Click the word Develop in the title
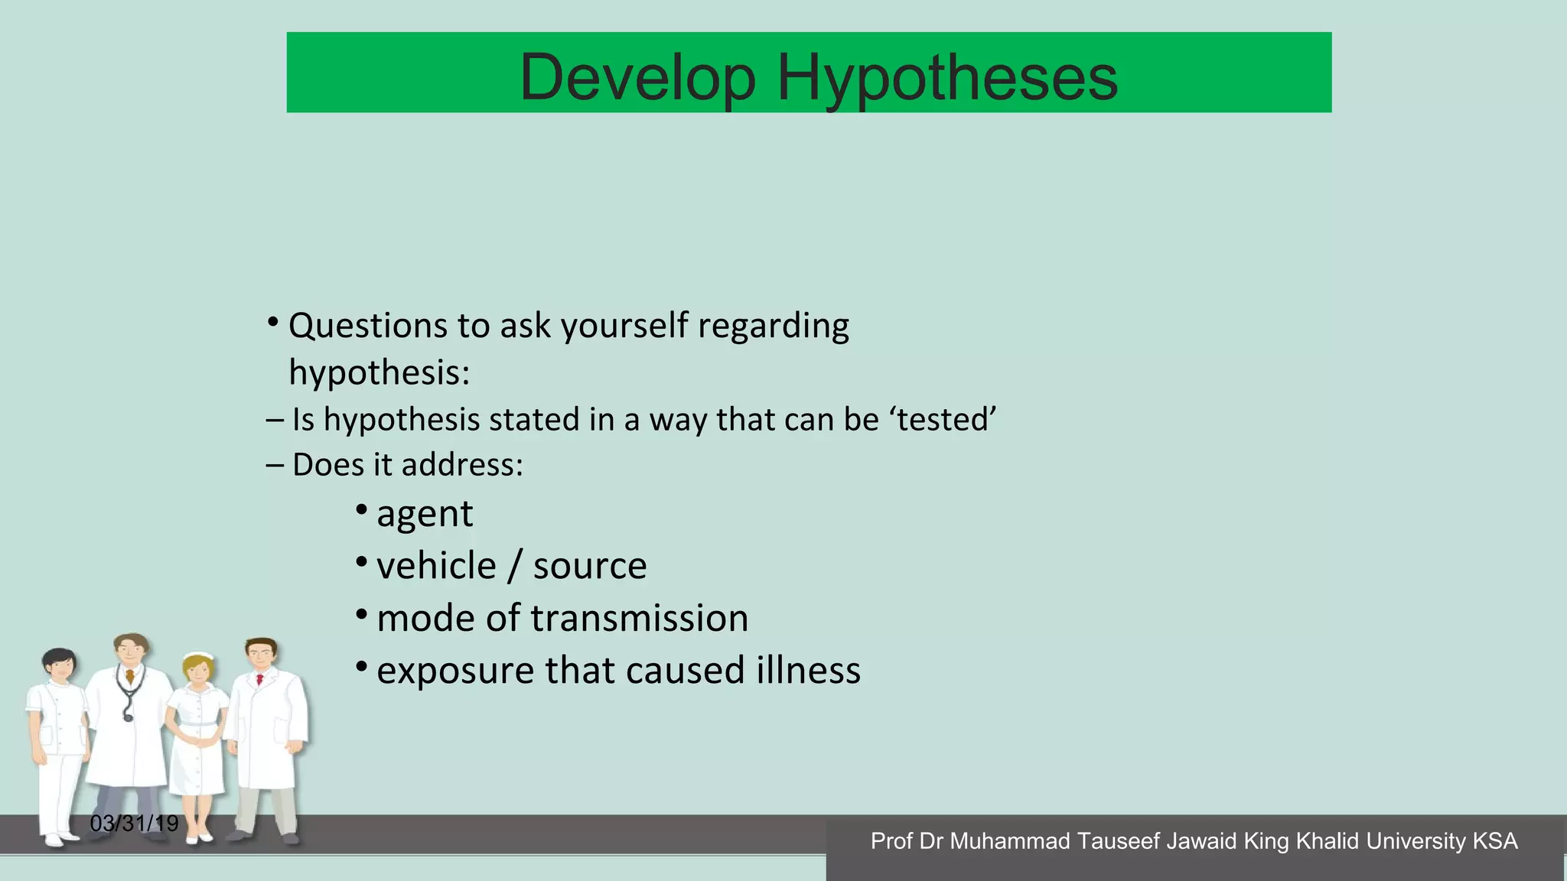tap(637, 77)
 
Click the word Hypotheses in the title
tap(947, 77)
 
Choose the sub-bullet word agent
tap(425, 514)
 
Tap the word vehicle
tap(436, 566)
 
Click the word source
tap(590, 566)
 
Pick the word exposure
tap(455, 671)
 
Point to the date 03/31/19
tap(134, 824)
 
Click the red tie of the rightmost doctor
tap(260, 679)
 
